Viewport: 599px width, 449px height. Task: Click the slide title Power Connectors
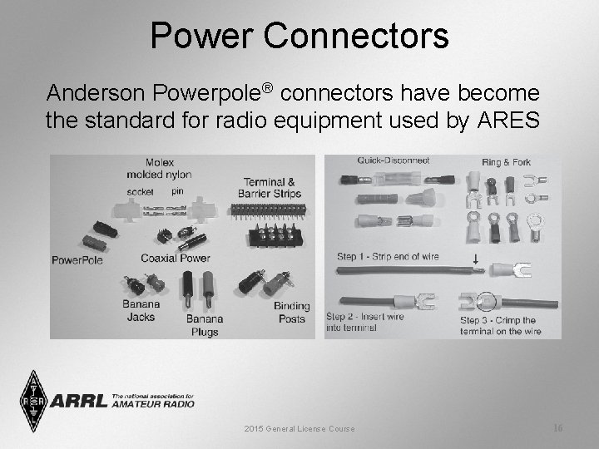[299, 36]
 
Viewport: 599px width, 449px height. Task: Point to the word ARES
[507, 120]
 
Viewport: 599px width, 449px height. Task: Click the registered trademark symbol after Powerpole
[268, 86]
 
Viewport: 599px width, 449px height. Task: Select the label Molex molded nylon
[158, 168]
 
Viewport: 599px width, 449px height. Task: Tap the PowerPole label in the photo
[77, 259]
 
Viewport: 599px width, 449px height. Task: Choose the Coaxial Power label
[175, 258]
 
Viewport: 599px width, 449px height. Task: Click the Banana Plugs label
[204, 325]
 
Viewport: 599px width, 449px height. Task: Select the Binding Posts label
[291, 312]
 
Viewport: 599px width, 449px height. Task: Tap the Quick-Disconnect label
[394, 160]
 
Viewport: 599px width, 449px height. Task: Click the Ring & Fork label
[506, 161]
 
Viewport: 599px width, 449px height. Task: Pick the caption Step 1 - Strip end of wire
[388, 256]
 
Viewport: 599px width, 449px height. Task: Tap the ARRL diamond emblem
[33, 401]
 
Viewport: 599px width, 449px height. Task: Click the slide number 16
[557, 427]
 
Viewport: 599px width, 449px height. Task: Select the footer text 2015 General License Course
[299, 428]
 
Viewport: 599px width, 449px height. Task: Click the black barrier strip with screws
[275, 234]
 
